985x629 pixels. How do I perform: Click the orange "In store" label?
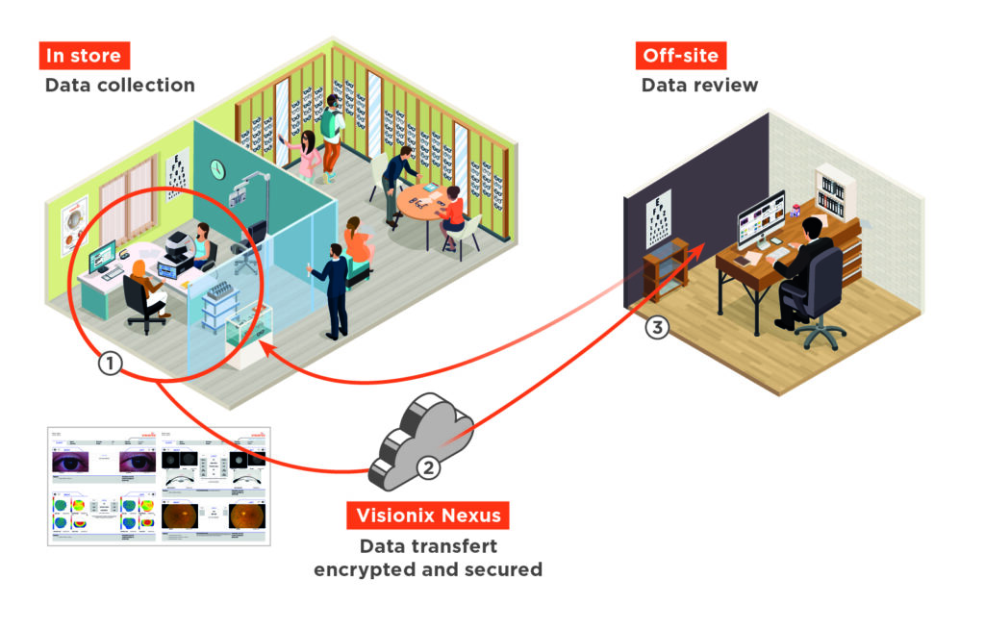click(85, 55)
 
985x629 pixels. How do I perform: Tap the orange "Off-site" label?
click(680, 55)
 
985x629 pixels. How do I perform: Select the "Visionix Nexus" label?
click(427, 516)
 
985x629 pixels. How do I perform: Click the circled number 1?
click(112, 364)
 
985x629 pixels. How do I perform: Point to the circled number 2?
click(429, 467)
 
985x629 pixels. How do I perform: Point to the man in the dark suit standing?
click(332, 289)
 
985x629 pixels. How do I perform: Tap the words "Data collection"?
click(119, 85)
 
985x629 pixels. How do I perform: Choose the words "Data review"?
click(699, 85)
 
